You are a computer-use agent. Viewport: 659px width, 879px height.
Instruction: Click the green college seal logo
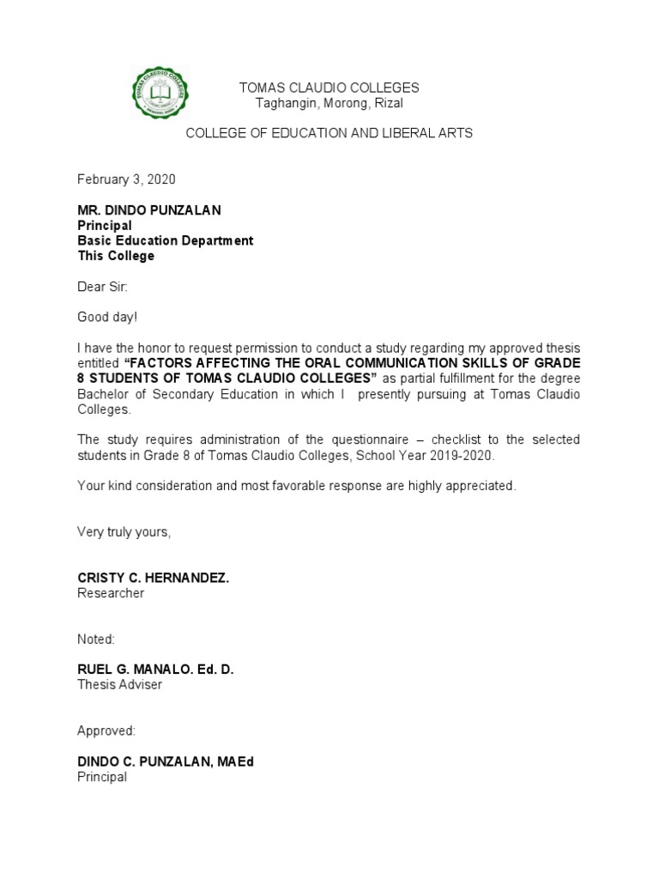pyautogui.click(x=160, y=94)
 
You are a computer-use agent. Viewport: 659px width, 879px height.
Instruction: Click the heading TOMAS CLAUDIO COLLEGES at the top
pyautogui.click(x=329, y=88)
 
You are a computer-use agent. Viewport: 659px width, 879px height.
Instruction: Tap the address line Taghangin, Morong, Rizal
pyautogui.click(x=329, y=103)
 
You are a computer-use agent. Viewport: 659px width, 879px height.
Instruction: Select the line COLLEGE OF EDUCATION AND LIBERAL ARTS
pyautogui.click(x=329, y=133)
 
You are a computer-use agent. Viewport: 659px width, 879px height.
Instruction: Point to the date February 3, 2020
pyautogui.click(x=126, y=179)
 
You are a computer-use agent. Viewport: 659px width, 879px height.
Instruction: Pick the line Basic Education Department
pyautogui.click(x=166, y=240)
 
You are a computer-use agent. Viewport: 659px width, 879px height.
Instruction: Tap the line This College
pyautogui.click(x=116, y=256)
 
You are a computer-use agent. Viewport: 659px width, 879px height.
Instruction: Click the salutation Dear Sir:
pyautogui.click(x=102, y=287)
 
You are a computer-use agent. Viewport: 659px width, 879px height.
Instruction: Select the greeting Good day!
pyautogui.click(x=107, y=318)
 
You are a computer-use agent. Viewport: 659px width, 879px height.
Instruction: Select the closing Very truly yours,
pyautogui.click(x=124, y=532)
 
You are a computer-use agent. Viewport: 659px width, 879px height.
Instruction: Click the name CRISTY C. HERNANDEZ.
pyautogui.click(x=154, y=579)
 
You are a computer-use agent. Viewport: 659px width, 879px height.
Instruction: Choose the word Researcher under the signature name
pyautogui.click(x=111, y=593)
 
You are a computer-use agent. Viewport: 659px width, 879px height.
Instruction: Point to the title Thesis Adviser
pyautogui.click(x=119, y=684)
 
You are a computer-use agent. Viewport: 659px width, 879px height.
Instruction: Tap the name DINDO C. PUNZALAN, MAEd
pyautogui.click(x=166, y=761)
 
